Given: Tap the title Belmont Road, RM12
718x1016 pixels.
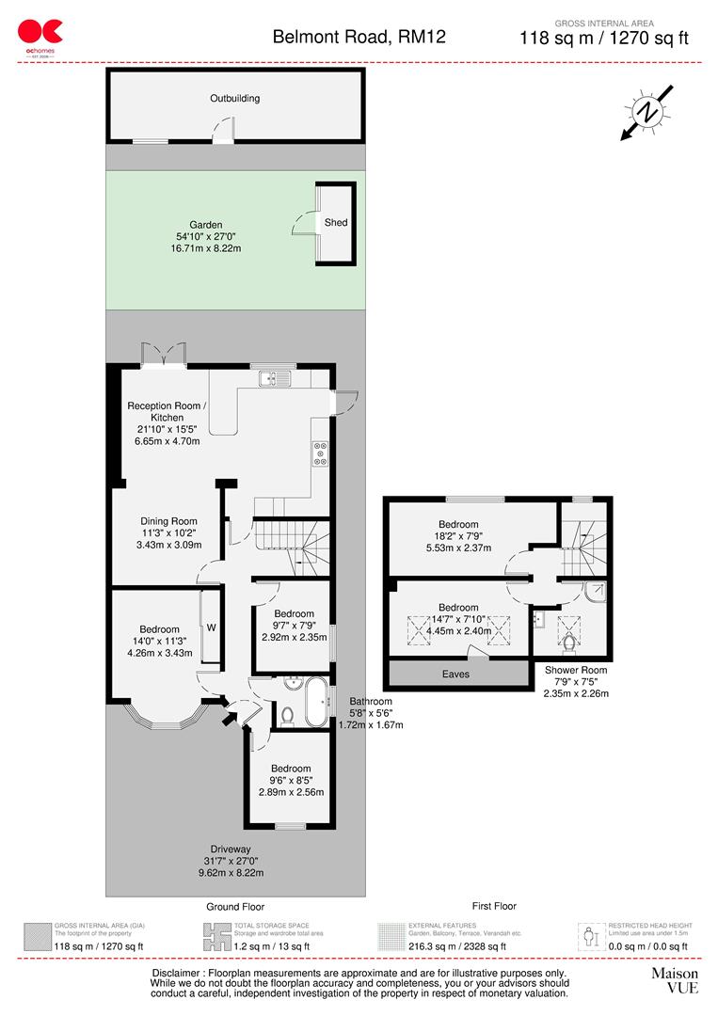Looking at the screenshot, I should pos(359,38).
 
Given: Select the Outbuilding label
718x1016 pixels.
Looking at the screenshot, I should pos(234,98).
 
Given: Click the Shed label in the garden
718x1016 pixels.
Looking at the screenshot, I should pos(336,223).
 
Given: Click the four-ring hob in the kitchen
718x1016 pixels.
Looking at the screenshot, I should pos(321,453).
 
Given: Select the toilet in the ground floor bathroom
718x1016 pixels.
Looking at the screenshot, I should pos(288,714).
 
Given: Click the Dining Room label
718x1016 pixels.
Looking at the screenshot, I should pos(168,521).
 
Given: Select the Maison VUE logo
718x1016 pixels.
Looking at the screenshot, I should pos(675,979).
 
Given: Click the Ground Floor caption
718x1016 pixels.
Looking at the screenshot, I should pos(235,907).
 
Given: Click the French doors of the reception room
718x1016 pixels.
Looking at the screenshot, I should pos(163,356).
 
